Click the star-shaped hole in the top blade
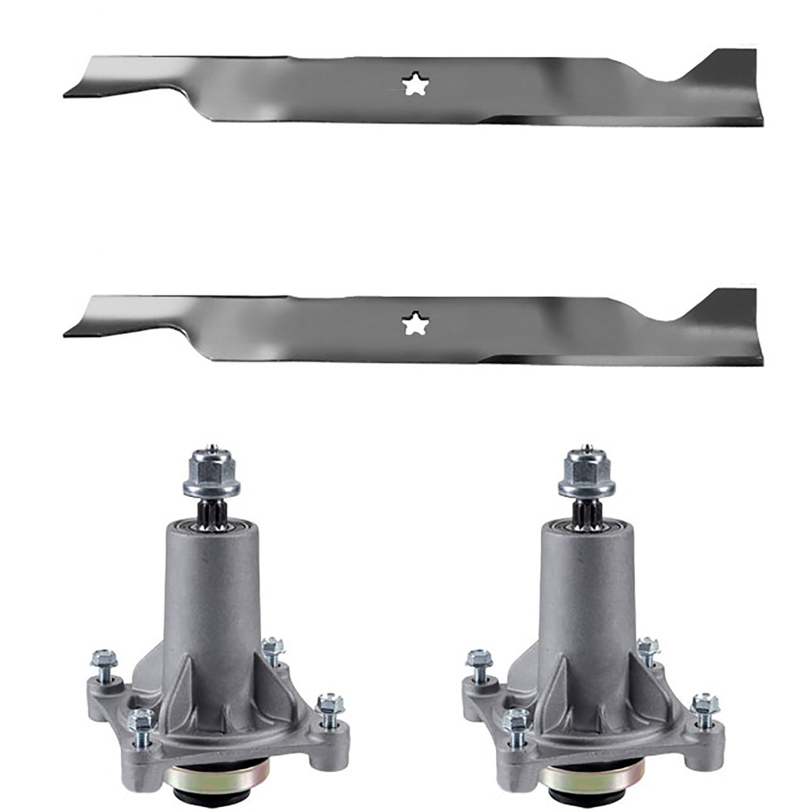pos(415,84)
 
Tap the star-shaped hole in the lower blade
pos(415,322)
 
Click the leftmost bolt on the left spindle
pos(104,663)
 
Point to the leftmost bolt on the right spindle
pos(479,663)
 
